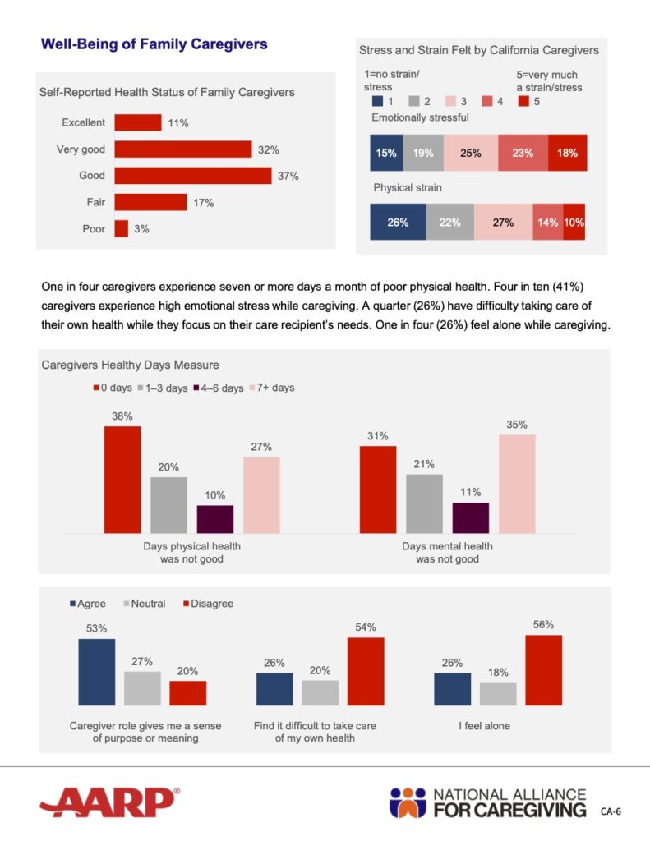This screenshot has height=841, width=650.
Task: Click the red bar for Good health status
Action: (x=192, y=176)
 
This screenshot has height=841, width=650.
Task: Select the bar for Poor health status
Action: (x=121, y=229)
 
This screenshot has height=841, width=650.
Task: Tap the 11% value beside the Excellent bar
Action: (x=179, y=123)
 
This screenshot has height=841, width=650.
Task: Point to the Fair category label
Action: (x=94, y=202)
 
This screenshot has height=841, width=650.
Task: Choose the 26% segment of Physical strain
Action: (x=398, y=223)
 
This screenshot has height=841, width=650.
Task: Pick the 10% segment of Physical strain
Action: (x=574, y=223)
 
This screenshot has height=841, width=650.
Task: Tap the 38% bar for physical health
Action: (x=122, y=479)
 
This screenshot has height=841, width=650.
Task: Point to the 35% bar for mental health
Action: (x=517, y=483)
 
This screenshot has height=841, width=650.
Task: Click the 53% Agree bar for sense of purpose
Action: (x=96, y=672)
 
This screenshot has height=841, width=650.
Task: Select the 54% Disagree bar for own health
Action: (x=365, y=671)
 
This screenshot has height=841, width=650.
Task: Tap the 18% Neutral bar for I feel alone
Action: (x=498, y=694)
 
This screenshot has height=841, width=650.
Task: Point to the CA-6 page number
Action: (x=610, y=812)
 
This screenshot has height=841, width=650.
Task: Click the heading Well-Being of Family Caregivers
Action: (x=154, y=44)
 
